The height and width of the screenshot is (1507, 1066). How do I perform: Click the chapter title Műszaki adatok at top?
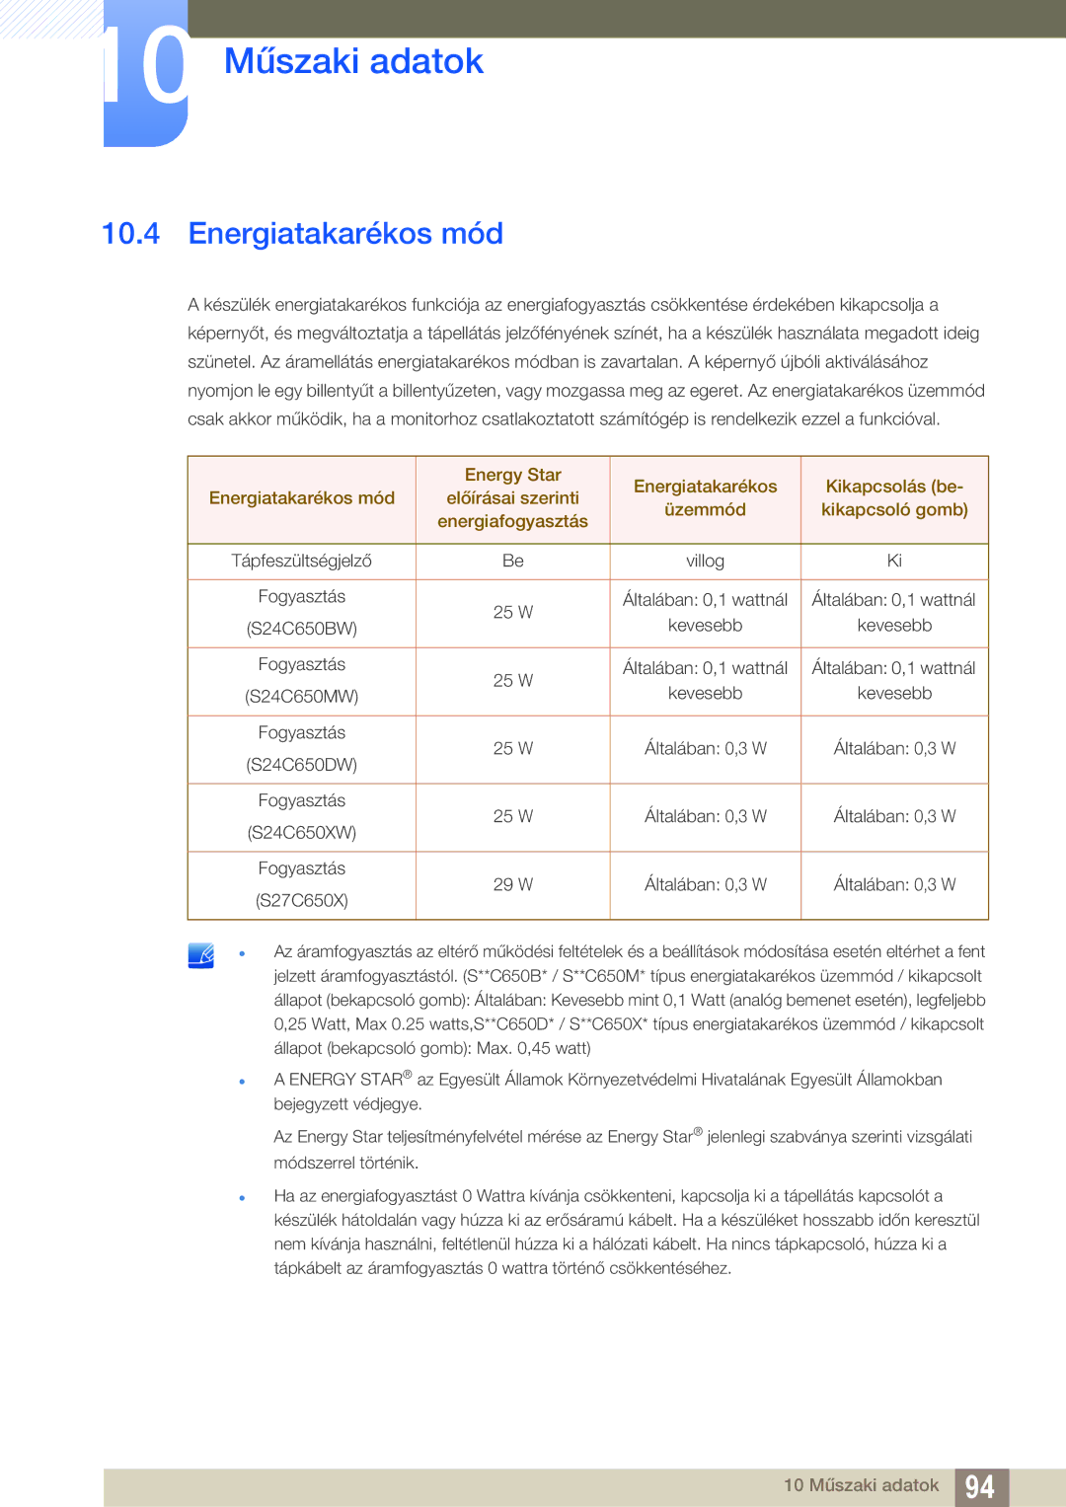pyautogui.click(x=353, y=61)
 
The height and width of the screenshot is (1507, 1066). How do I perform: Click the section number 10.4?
pyautogui.click(x=130, y=234)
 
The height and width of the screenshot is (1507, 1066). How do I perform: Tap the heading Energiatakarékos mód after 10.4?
pyautogui.click(x=345, y=234)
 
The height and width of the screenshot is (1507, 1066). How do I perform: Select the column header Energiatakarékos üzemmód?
pyautogui.click(x=705, y=498)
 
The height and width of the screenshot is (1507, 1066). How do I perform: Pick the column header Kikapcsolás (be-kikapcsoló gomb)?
pyautogui.click(x=894, y=498)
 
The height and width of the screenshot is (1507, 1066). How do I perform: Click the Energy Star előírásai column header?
pyautogui.click(x=512, y=498)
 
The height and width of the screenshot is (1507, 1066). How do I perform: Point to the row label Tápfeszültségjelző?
pyautogui.click(x=301, y=561)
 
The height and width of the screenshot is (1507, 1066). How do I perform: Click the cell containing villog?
pyautogui.click(x=705, y=561)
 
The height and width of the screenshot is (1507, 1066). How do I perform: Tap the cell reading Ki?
pyautogui.click(x=894, y=561)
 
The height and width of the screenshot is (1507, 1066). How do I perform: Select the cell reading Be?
pyautogui.click(x=512, y=561)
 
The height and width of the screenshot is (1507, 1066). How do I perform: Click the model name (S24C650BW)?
pyautogui.click(x=302, y=629)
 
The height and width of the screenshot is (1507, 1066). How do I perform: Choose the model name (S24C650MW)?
pyautogui.click(x=302, y=697)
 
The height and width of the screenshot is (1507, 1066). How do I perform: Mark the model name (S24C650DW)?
pyautogui.click(x=302, y=765)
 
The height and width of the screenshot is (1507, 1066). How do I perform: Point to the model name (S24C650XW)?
pyautogui.click(x=302, y=833)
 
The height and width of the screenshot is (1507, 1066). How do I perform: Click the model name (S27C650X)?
pyautogui.click(x=302, y=901)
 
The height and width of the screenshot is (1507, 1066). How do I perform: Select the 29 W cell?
pyautogui.click(x=512, y=885)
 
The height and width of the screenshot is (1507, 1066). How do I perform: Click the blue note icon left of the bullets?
pyautogui.click(x=201, y=955)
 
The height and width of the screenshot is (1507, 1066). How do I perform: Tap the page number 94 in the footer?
pyautogui.click(x=980, y=1486)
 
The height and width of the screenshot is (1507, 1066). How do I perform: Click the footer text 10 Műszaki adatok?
pyautogui.click(x=861, y=1485)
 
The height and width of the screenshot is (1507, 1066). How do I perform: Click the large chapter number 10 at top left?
pyautogui.click(x=146, y=71)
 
